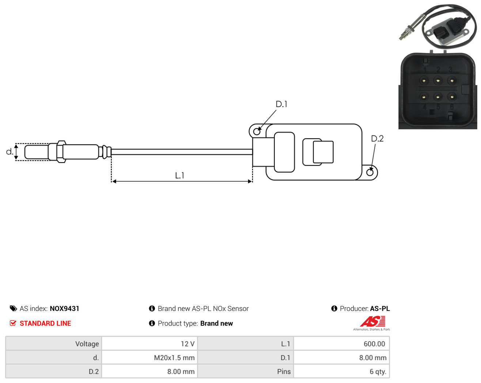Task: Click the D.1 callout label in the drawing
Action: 281,104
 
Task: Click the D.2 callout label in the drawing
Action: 377,139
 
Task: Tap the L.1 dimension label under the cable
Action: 179,175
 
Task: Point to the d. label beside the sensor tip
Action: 10,152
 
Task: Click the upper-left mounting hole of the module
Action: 257,132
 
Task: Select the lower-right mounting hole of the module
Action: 370,172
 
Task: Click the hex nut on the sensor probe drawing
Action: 61,152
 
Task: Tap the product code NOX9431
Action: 64,308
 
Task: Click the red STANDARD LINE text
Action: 45,323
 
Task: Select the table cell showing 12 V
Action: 149,344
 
